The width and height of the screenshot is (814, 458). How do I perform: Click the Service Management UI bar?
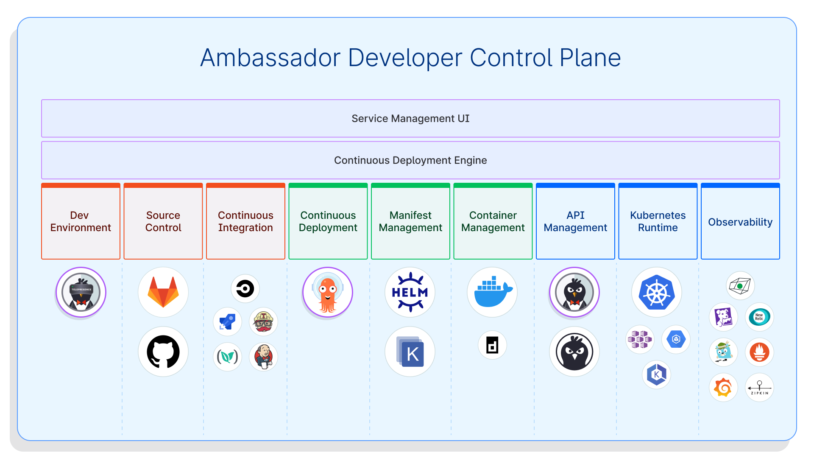(x=410, y=118)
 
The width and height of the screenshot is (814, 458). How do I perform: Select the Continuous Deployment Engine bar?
(x=410, y=160)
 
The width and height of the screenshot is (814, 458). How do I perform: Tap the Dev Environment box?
(x=81, y=221)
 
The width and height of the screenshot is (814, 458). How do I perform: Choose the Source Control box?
(x=163, y=221)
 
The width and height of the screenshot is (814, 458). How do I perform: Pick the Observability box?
(x=740, y=222)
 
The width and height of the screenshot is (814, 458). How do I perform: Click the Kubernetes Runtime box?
(x=658, y=221)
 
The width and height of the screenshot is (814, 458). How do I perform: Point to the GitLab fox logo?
(x=163, y=292)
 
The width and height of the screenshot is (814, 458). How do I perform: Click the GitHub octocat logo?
(x=163, y=352)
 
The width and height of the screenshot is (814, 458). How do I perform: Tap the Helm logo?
(x=410, y=292)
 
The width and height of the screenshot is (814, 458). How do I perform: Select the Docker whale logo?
(x=492, y=292)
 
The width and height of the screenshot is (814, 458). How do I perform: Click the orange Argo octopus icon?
(x=328, y=293)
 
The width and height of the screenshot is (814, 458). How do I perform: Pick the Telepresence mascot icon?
(x=81, y=293)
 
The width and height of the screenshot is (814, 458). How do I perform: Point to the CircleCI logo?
(x=245, y=289)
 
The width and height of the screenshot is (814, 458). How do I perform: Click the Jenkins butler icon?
(x=264, y=357)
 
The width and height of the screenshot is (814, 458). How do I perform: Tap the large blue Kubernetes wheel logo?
(x=657, y=292)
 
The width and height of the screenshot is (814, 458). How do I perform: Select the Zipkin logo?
(x=759, y=388)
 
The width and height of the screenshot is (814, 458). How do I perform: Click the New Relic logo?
(x=759, y=317)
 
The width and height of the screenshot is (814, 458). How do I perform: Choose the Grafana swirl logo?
(x=723, y=388)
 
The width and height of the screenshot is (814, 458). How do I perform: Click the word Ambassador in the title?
(x=270, y=58)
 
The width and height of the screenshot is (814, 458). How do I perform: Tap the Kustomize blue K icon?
(x=410, y=352)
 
